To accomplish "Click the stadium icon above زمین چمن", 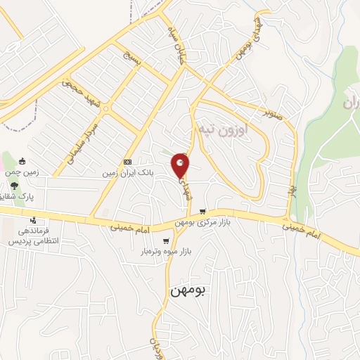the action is pyautogui.click(x=22, y=161).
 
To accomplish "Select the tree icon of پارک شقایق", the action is pyautogui.click(x=14, y=187).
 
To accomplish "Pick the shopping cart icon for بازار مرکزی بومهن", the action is pyautogui.click(x=202, y=211).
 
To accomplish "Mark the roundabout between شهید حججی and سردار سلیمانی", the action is pyautogui.click(x=68, y=80).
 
